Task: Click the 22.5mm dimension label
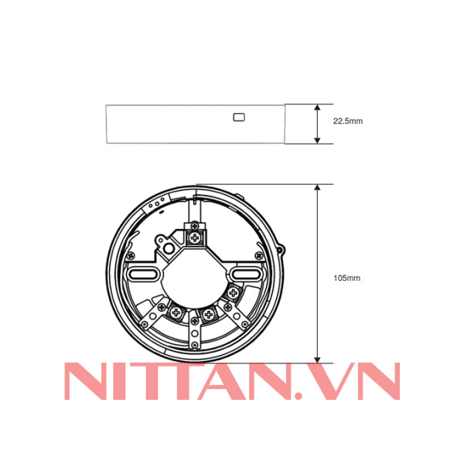pos(347,121)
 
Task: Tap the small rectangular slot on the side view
pos(239,118)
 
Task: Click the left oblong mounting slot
pos(143,274)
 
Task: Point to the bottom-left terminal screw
pos(177,312)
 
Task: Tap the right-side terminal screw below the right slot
pos(234,292)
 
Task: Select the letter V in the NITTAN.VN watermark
pos(323,381)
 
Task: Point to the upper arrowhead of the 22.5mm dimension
pos(317,107)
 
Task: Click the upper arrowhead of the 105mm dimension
pos(317,189)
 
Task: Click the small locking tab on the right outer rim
pos(281,251)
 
